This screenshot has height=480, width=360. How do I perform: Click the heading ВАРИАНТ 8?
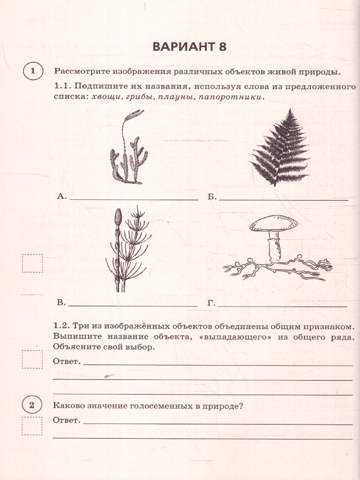pyautogui.click(x=189, y=47)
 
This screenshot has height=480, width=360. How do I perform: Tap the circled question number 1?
pyautogui.click(x=33, y=72)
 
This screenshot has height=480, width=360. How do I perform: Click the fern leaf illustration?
pyautogui.click(x=280, y=148)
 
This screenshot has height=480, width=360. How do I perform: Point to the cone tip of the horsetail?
pyautogui.click(x=118, y=218)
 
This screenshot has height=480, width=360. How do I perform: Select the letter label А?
pyautogui.click(x=61, y=196)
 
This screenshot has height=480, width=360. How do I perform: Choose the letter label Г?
pyautogui.click(x=211, y=303)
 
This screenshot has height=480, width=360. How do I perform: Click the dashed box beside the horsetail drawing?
pyautogui.click(x=32, y=263)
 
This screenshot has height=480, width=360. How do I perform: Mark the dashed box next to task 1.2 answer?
pyautogui.click(x=32, y=359)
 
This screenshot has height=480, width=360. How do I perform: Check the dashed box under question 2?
pyautogui.click(x=32, y=426)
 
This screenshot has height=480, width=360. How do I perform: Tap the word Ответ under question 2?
pyautogui.click(x=66, y=420)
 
